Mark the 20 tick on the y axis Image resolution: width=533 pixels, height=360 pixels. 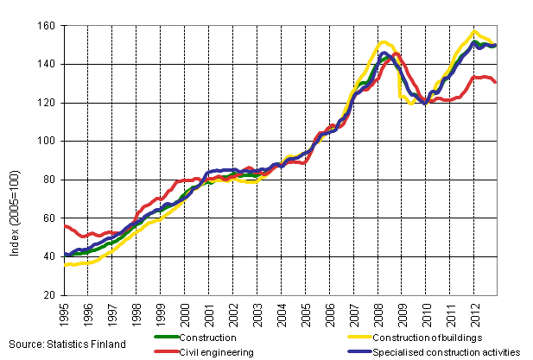coord(48,295)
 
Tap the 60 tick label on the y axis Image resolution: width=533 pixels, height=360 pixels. coord(48,218)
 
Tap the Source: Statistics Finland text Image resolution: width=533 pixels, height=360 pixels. coord(65,344)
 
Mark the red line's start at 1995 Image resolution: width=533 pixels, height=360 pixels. coord(66,225)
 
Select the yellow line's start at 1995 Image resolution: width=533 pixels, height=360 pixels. coord(66,265)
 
